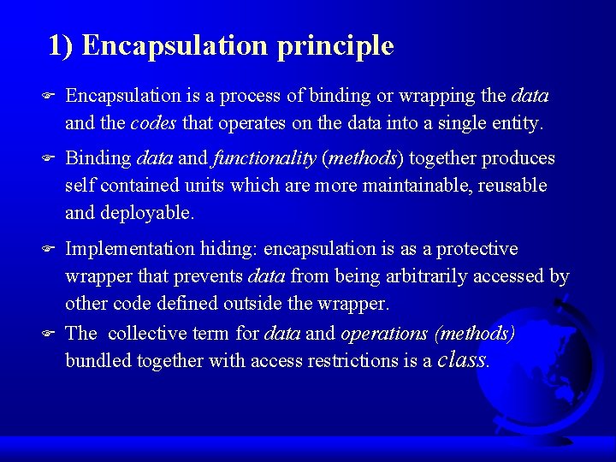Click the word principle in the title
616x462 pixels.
coord(335,45)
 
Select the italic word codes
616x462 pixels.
coord(153,123)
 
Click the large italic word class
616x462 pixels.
coord(461,359)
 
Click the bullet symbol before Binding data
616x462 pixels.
coord(49,158)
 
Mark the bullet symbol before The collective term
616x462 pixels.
coord(49,333)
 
